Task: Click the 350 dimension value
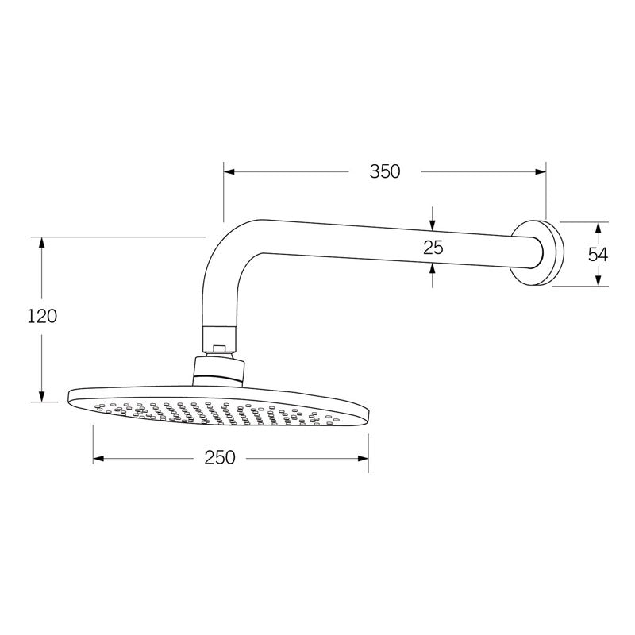pyautogui.click(x=384, y=171)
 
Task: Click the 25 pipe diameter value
pyautogui.click(x=433, y=247)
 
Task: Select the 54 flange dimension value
pyautogui.click(x=598, y=254)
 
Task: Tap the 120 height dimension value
pyautogui.click(x=41, y=316)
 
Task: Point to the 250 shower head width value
pyautogui.click(x=219, y=458)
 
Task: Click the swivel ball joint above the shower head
pyautogui.click(x=218, y=368)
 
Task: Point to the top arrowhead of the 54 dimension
pyautogui.click(x=598, y=227)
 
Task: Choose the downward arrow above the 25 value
pyautogui.click(x=433, y=221)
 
